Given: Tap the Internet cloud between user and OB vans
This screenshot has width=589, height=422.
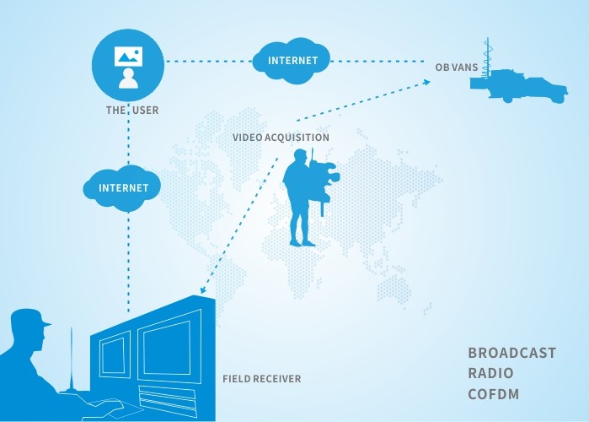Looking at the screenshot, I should [292, 61].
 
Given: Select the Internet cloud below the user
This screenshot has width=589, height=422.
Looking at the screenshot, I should [123, 187].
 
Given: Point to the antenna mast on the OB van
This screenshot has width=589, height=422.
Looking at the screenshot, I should [487, 55].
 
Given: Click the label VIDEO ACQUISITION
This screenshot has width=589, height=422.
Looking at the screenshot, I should [281, 137].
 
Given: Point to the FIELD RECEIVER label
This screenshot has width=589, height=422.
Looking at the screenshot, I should [261, 379].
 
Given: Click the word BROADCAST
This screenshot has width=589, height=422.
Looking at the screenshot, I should [511, 353].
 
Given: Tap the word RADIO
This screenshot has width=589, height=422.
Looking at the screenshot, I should [490, 373].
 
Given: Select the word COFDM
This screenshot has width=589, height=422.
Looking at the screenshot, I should [492, 394].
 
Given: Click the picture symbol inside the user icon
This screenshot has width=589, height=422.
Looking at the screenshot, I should [128, 56].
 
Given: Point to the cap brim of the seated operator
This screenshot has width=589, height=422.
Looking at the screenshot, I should [44, 322].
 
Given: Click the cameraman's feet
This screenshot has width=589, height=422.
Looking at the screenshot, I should [303, 243].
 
